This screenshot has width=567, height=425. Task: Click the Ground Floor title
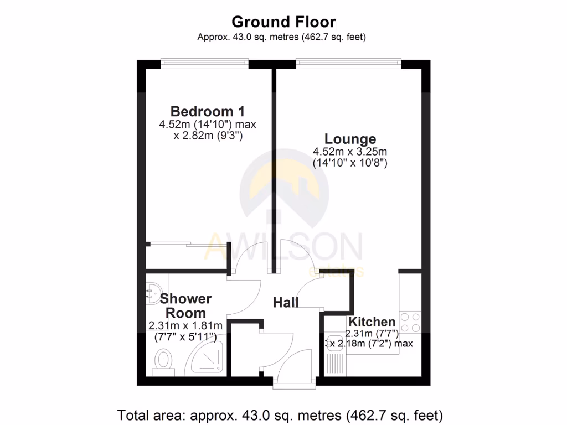pos(283,22)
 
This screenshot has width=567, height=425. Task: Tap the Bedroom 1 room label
pos(207,111)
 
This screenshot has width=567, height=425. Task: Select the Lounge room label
pos(350,139)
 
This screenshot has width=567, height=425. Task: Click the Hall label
pos(286,302)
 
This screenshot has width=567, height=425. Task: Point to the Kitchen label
pos(372,322)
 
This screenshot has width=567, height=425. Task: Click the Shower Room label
pos(185,305)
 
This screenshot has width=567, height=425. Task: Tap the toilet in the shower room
pos(163,361)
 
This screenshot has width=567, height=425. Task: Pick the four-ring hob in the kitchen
pos(410,323)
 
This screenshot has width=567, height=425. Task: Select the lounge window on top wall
pos(348,64)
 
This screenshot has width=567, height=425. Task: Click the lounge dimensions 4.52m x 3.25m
pos(349,157)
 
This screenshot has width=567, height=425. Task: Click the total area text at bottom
pos(280,414)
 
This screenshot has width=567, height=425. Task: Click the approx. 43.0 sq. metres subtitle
pos(282,37)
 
